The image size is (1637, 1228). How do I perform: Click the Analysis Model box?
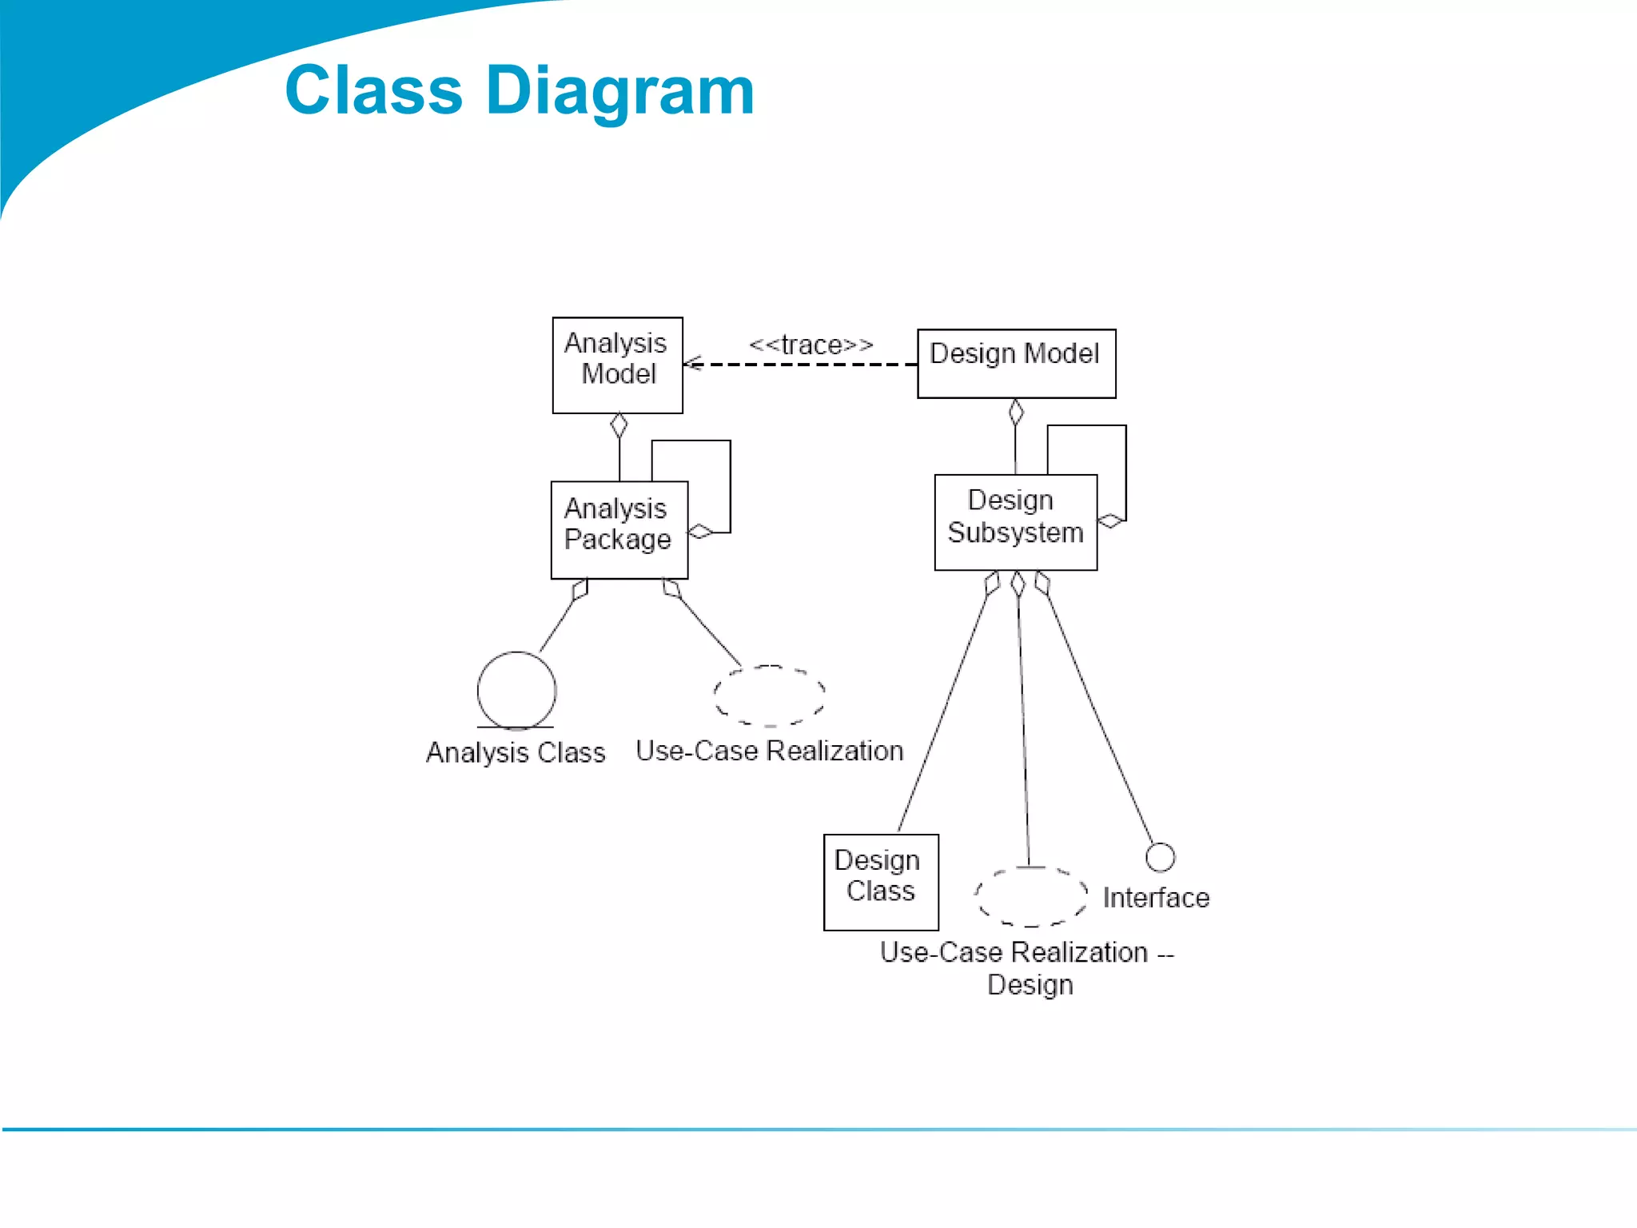[617, 365]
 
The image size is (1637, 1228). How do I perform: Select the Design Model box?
[1016, 363]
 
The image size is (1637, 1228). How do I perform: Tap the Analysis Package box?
[619, 529]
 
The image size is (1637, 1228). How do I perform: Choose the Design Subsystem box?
[1015, 522]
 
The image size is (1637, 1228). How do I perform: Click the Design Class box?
[880, 882]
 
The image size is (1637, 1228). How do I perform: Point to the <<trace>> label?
[811, 345]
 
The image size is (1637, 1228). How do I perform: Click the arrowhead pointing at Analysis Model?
[691, 365]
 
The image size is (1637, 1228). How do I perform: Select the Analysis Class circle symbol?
[516, 690]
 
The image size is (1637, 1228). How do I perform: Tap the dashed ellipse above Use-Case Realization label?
[769, 696]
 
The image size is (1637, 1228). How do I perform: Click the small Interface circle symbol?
[1160, 857]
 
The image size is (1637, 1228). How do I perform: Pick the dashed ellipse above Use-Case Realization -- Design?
[1030, 897]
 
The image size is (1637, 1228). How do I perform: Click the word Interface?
[1156, 898]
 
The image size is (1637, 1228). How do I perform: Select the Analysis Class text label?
[516, 752]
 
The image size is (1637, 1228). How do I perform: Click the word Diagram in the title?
[619, 90]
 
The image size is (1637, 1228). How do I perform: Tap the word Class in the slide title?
[373, 90]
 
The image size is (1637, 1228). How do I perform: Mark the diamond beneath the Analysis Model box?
[619, 425]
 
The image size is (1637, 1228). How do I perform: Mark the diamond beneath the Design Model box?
[1016, 412]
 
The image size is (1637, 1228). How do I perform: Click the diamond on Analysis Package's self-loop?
[700, 532]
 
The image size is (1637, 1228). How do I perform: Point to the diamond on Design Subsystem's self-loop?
[1110, 521]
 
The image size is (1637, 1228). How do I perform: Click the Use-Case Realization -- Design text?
[1027, 968]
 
